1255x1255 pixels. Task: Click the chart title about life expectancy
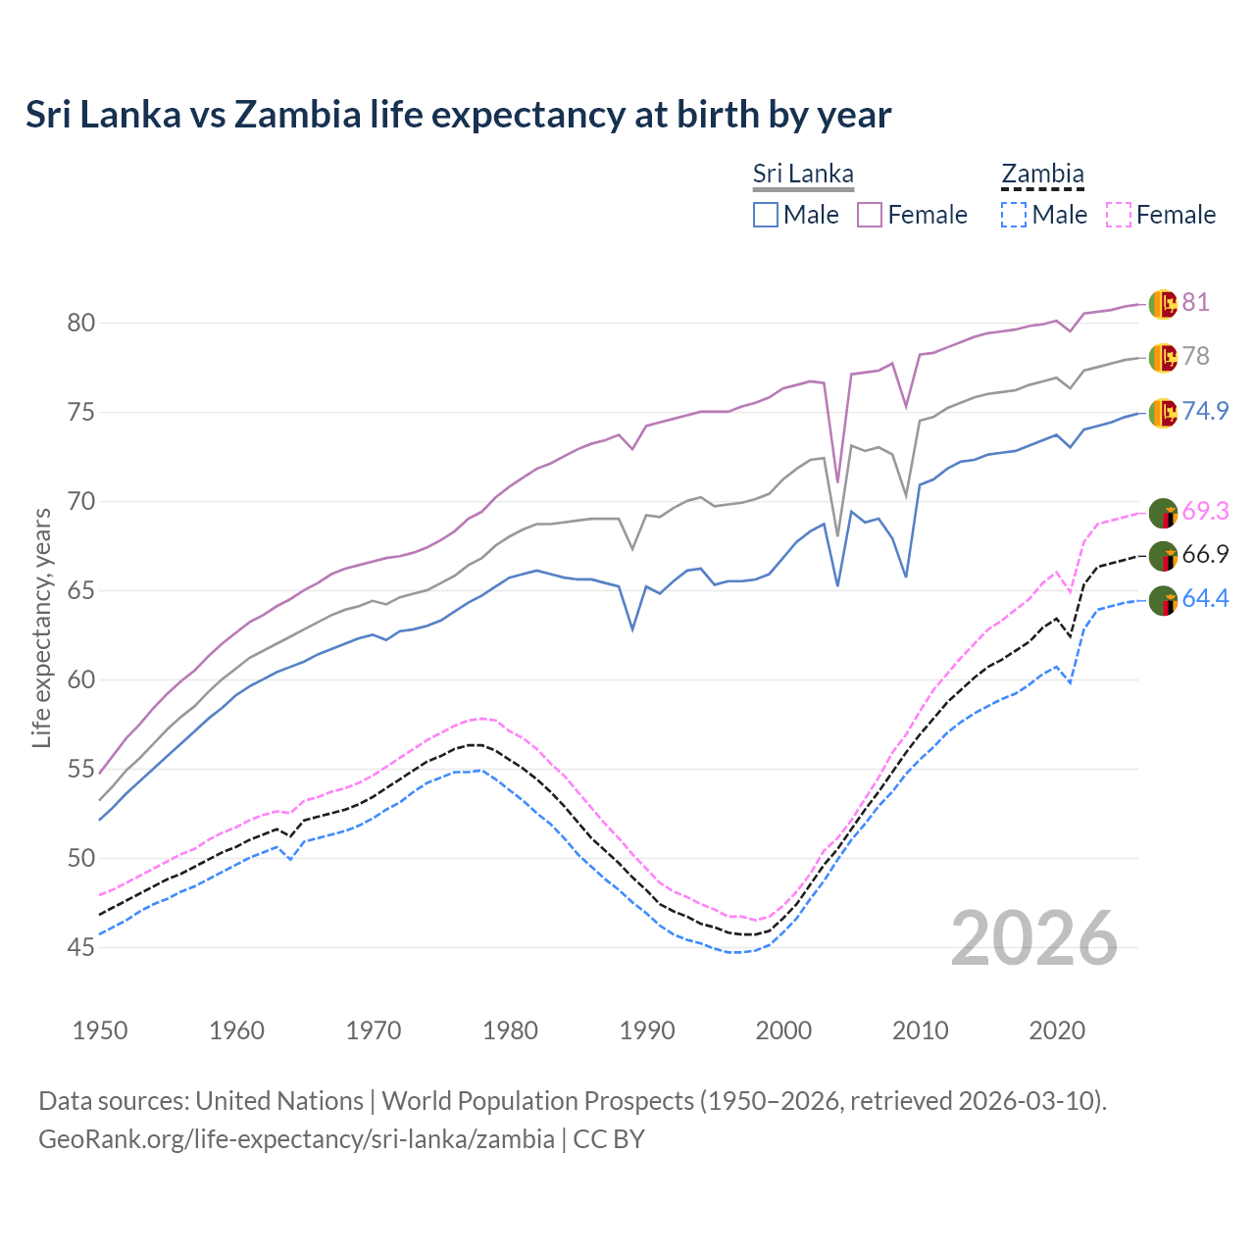pos(458,115)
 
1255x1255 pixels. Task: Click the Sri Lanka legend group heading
pos(803,174)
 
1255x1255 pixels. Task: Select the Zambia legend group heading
pos(1042,174)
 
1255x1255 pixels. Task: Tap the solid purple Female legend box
pos(870,215)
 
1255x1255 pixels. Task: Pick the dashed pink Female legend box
pos(1119,215)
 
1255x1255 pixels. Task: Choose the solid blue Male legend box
pos(766,215)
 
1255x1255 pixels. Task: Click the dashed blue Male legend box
pos(1014,215)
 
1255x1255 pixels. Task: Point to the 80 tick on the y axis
pos(80,323)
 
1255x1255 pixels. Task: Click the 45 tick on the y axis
pos(80,947)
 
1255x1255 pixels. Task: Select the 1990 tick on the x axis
pos(647,1030)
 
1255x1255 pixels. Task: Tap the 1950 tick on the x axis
pos(100,1030)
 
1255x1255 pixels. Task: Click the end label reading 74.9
pos(1205,411)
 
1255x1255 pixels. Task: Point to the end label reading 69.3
pos(1205,511)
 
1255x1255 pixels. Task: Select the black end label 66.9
pos(1205,554)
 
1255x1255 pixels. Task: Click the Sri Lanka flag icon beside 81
pos(1163,304)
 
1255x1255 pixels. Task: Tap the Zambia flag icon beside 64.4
pos(1163,600)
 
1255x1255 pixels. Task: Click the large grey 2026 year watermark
pos(1033,938)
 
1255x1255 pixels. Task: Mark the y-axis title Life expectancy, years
pos(41,627)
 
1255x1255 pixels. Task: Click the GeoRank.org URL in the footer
pos(296,1139)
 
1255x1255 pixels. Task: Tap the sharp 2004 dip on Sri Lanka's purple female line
pos(837,480)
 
